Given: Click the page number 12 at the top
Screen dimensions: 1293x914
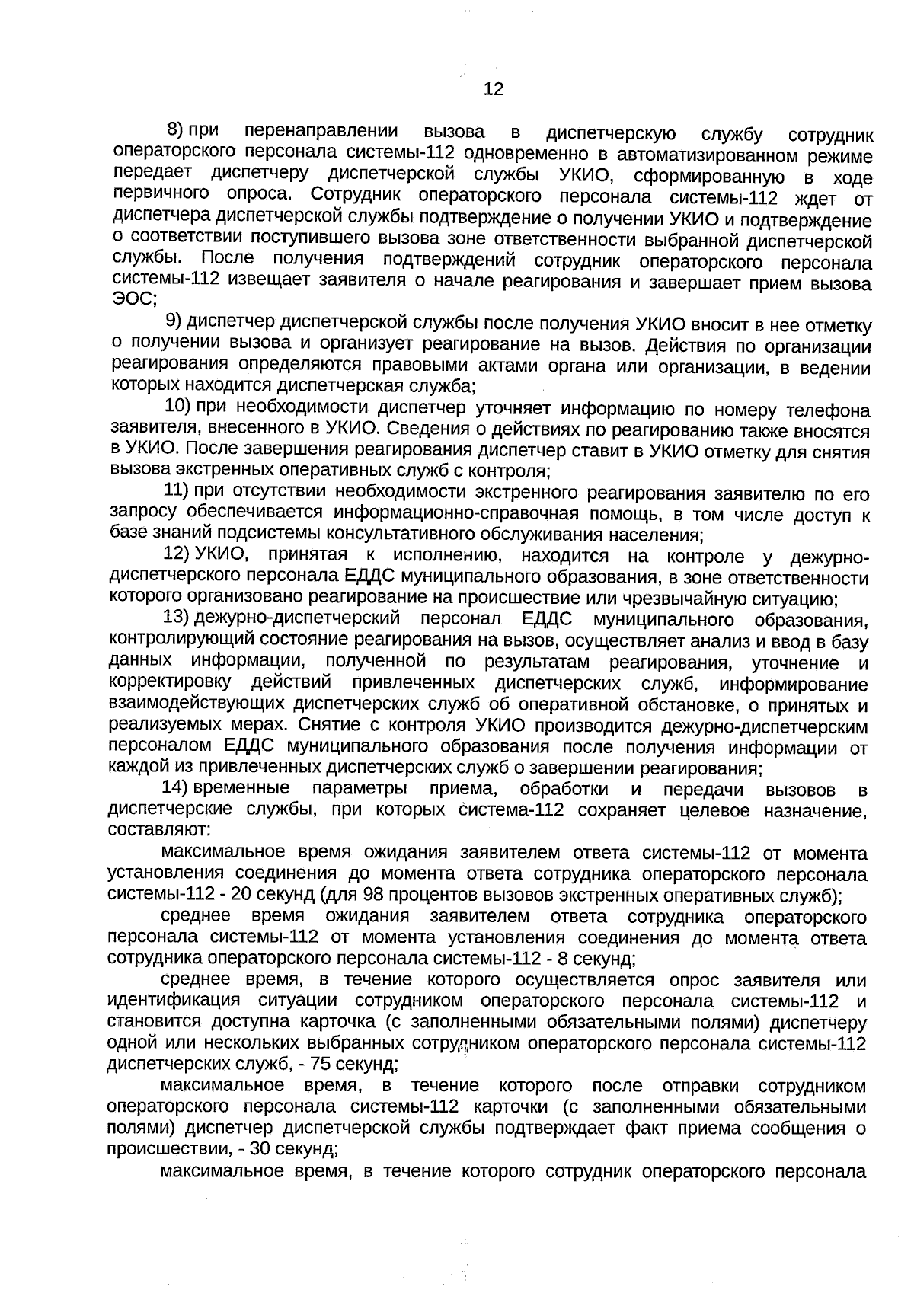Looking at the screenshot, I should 494,90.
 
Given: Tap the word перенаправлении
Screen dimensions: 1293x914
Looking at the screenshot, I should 322,129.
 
